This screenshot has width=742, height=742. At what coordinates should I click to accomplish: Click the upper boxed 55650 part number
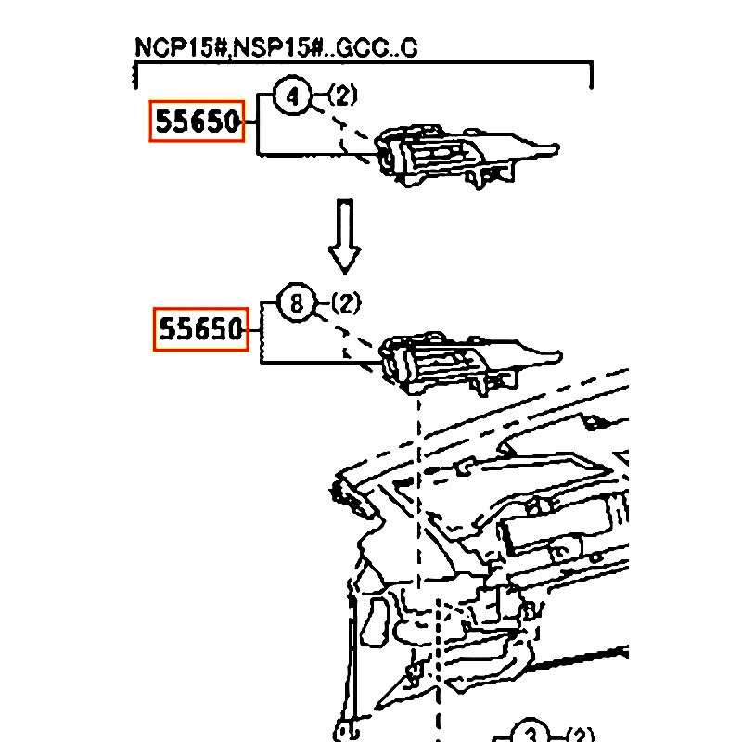point(197,122)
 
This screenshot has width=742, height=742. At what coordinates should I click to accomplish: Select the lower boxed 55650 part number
point(201,329)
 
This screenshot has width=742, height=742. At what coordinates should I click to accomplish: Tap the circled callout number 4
point(293,96)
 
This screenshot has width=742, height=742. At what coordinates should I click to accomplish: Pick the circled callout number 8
point(297,303)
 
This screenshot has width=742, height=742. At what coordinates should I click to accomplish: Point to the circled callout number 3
point(531,733)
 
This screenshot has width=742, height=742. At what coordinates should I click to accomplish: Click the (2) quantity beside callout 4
point(342,96)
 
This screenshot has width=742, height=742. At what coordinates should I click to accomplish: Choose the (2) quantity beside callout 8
point(345,302)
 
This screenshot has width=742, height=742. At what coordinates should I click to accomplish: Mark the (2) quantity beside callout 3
point(580,733)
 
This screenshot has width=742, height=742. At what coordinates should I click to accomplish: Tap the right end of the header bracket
point(591,76)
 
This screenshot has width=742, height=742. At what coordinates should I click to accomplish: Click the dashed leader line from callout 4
point(343,130)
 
